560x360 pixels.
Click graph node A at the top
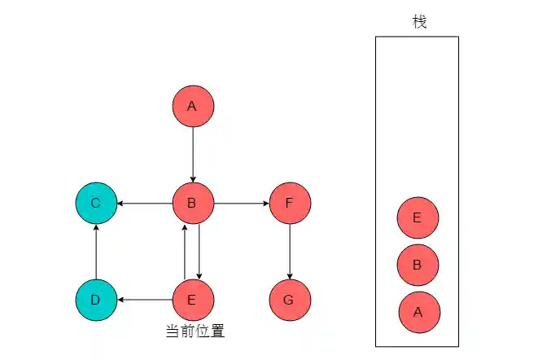click(193, 107)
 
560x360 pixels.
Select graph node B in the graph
click(193, 203)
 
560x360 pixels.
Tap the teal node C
click(96, 203)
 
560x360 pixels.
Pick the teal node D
click(96, 300)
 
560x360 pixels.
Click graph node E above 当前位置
click(193, 300)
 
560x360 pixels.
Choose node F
click(290, 203)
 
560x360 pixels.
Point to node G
click(290, 300)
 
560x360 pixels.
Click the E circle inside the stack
click(418, 217)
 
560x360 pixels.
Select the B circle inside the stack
click(418, 265)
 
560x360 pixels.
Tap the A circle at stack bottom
click(418, 312)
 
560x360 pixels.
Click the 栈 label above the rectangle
click(419, 22)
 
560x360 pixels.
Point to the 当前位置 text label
click(195, 331)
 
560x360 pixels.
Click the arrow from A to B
click(193, 155)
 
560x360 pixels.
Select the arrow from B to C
click(144, 203)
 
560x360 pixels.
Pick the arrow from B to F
click(241, 203)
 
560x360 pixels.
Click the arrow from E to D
click(144, 300)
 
